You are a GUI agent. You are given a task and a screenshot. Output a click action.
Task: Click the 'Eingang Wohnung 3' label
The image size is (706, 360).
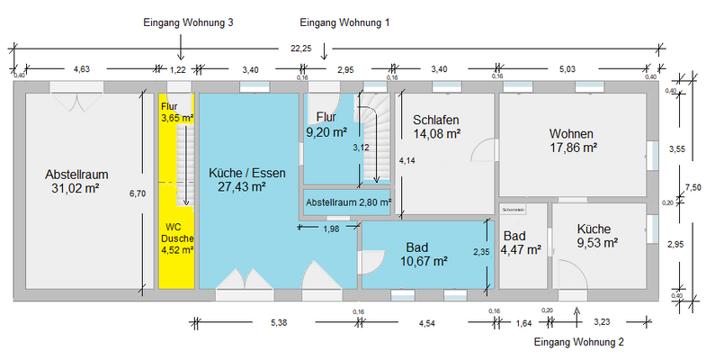click(x=189, y=22)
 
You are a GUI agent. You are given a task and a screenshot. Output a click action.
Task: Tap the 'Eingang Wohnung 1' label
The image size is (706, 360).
click(x=344, y=22)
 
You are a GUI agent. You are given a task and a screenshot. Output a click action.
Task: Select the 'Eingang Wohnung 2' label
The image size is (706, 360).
click(x=578, y=343)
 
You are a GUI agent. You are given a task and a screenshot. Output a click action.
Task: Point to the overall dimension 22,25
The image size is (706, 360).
click(x=300, y=48)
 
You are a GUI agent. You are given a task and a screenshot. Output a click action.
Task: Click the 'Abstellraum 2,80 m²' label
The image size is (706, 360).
click(x=348, y=202)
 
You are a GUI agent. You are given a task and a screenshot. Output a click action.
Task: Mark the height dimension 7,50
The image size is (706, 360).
click(x=693, y=186)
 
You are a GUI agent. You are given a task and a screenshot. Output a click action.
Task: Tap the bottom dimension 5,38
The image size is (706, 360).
click(x=279, y=322)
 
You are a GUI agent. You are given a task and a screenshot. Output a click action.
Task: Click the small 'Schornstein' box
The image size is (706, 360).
click(x=513, y=209)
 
